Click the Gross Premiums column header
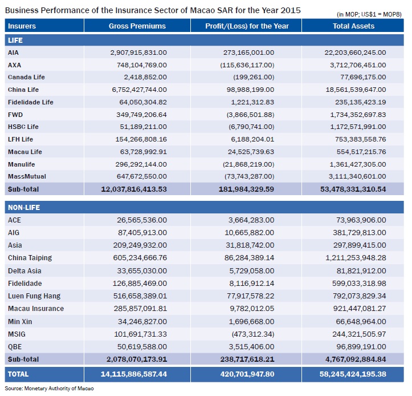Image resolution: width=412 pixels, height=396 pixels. coord(137,26)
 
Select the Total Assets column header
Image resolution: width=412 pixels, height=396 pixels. coord(353,26)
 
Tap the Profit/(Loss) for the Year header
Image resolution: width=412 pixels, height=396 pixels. coord(247,26)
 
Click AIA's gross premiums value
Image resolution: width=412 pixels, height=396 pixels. coord(138,52)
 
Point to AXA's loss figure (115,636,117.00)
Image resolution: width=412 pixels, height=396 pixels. coord(247,65)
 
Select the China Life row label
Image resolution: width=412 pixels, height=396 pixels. coord(23,90)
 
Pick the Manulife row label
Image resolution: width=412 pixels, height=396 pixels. coord(21,164)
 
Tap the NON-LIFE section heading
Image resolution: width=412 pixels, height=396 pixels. coord(24,208)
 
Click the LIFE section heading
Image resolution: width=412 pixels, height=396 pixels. coord(15,41)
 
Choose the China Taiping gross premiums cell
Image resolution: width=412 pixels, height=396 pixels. coord(140,257)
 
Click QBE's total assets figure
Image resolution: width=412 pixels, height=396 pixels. coord(361,347)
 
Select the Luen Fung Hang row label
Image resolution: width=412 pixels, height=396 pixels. coord(34,296)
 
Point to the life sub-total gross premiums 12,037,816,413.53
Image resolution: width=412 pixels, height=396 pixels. coord(134,189)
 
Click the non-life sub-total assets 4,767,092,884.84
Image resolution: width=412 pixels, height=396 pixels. coord(356,359)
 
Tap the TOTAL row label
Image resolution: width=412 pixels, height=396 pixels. coord(18,374)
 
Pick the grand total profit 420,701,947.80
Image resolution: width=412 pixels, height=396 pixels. coord(247,374)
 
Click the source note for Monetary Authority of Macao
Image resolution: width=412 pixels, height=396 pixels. coord(49,389)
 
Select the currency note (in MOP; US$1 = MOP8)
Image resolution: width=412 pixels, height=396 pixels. coord(369,14)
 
